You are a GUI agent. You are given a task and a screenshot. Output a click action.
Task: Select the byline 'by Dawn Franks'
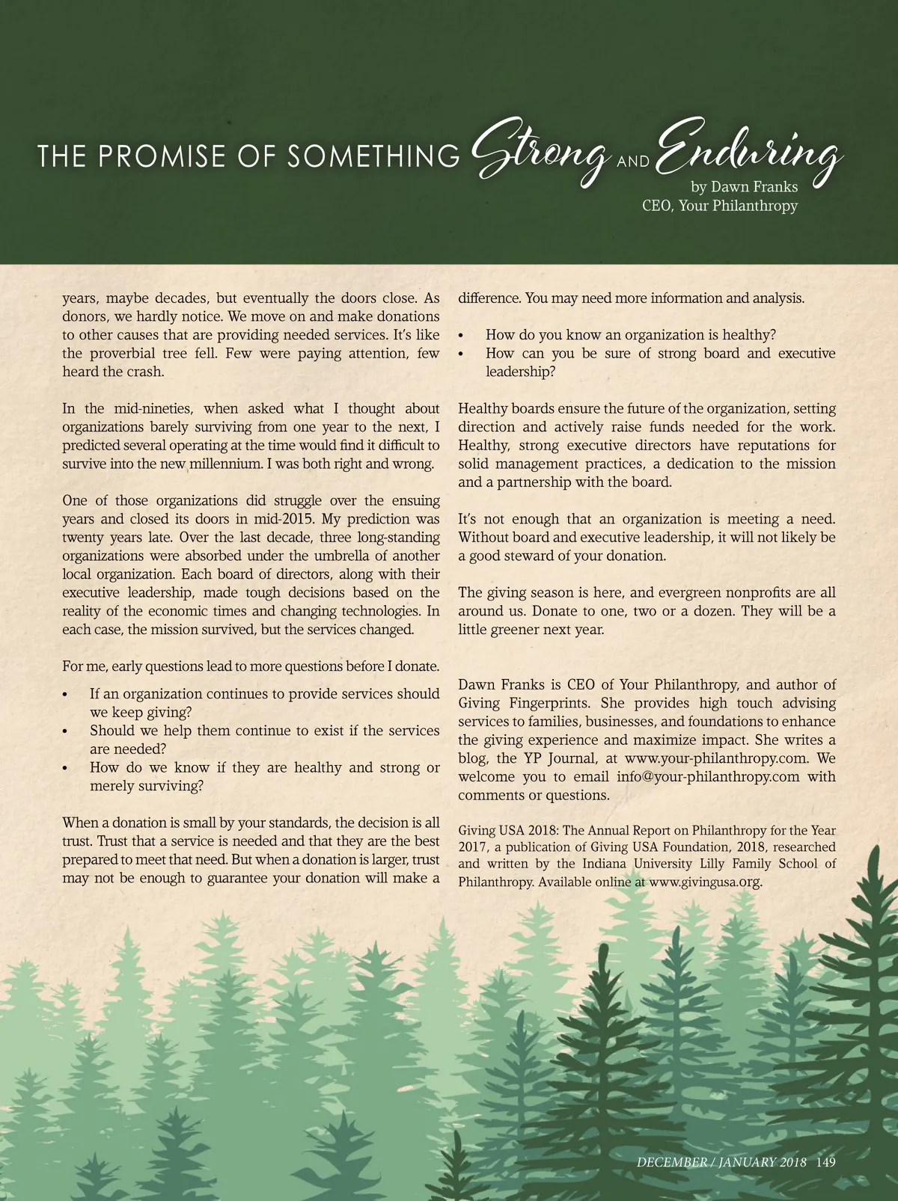click(x=744, y=186)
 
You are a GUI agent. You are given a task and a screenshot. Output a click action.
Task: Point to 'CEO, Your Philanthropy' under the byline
click(x=720, y=206)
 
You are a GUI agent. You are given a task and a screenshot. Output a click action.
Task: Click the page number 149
click(x=825, y=1162)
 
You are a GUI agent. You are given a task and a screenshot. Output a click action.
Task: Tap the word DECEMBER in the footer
click(x=672, y=1162)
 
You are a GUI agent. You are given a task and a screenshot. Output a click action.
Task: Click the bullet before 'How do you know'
click(x=462, y=336)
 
